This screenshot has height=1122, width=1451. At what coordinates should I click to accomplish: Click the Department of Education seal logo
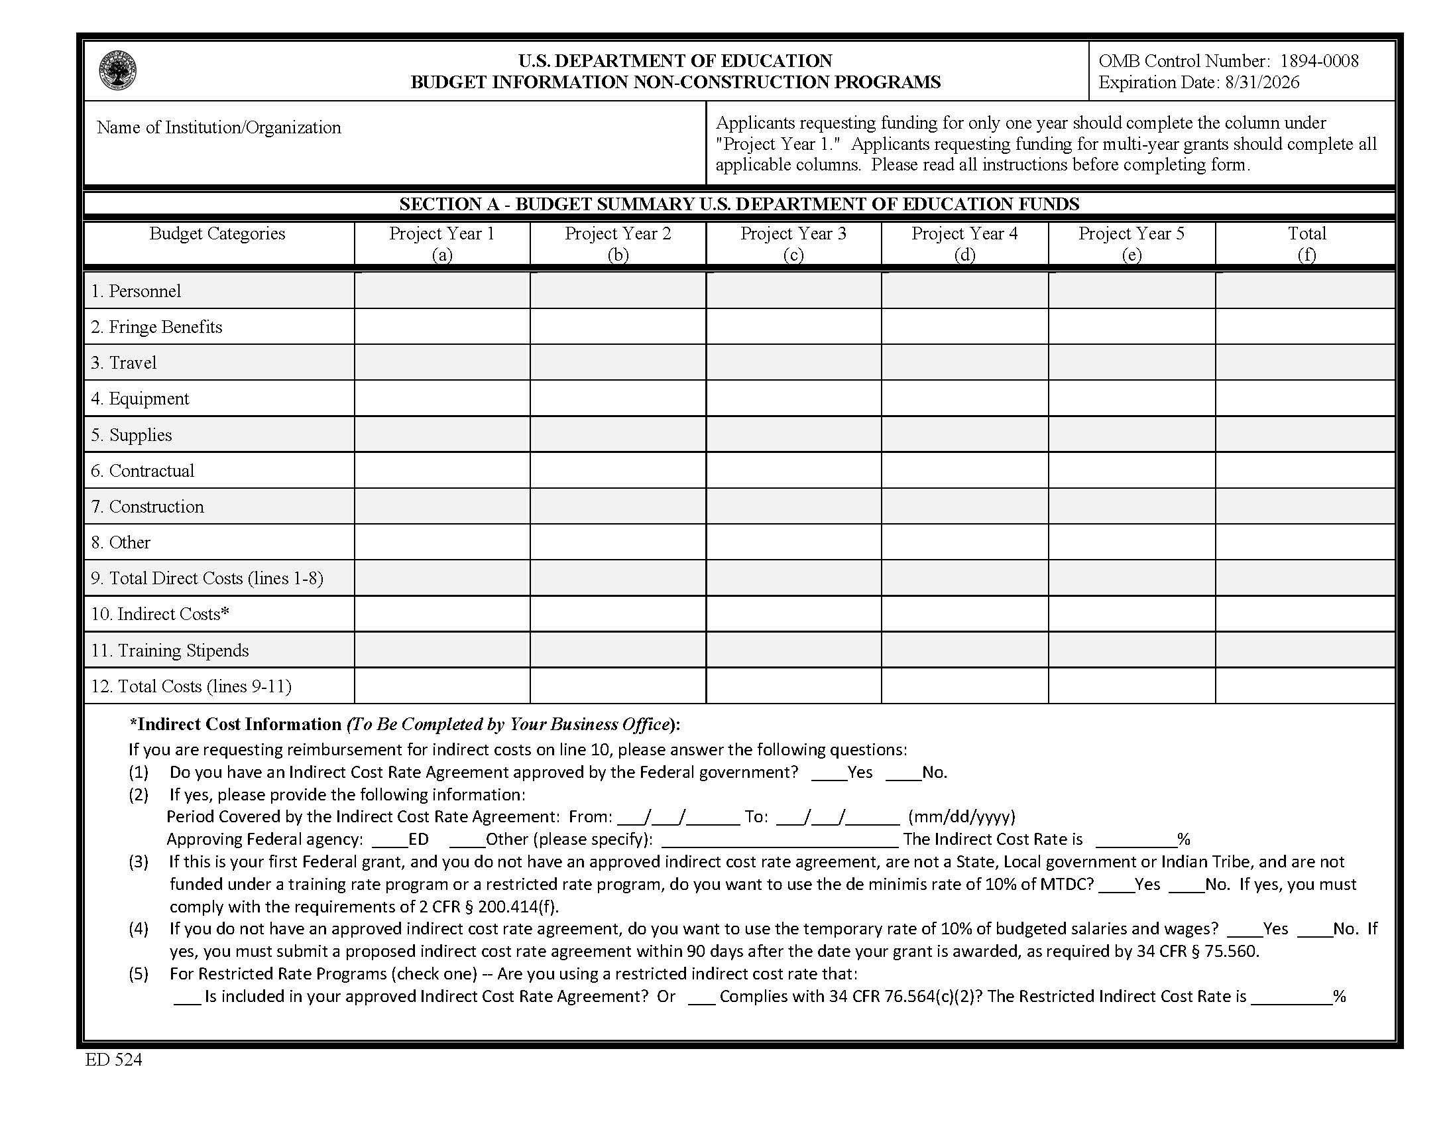coord(117,71)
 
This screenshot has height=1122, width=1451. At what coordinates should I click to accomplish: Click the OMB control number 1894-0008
coord(1319,61)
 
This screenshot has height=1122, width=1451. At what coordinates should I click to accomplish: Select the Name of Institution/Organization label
coord(219,127)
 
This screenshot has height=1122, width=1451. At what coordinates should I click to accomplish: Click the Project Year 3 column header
coord(793,243)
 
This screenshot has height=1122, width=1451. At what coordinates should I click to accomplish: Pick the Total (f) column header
coord(1306,243)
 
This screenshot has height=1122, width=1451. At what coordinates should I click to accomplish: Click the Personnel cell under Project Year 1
coord(442,291)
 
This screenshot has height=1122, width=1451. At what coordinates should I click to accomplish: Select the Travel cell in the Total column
coord(1305,363)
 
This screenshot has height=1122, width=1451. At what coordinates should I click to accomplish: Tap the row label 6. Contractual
coord(143,471)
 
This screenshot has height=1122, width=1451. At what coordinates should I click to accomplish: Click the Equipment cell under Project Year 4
coord(964,399)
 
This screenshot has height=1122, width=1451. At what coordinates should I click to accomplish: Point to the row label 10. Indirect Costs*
coord(160,614)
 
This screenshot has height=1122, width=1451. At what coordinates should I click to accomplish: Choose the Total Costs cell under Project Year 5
coord(1132,686)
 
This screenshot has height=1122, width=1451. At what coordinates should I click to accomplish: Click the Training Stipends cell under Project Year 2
coord(618,650)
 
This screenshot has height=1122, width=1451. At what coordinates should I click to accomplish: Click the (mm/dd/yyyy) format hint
coord(961,816)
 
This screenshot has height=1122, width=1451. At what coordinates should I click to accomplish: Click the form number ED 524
coord(113,1060)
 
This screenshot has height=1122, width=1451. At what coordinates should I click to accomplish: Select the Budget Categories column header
coord(217,234)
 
